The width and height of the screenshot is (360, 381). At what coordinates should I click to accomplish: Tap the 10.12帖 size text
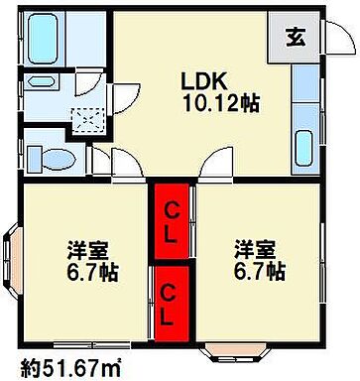point(220,102)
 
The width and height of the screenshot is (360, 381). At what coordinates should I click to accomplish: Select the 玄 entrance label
point(296,40)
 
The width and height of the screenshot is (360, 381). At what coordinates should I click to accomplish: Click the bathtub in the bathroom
point(43,39)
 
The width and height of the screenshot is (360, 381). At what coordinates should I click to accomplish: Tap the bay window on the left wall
point(13,263)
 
